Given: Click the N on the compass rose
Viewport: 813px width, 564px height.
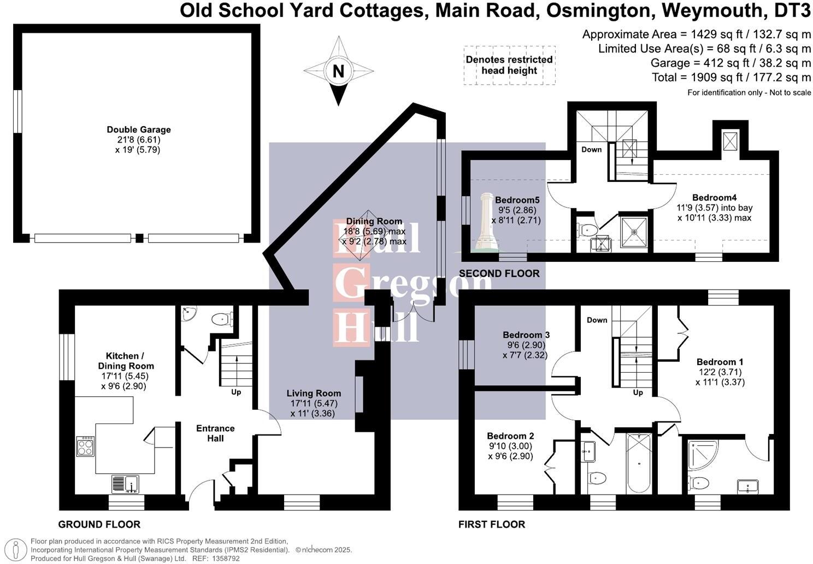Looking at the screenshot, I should (x=339, y=71).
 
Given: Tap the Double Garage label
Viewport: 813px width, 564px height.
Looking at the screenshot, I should (x=139, y=130).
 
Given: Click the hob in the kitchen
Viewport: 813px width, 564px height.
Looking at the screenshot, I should (x=85, y=446).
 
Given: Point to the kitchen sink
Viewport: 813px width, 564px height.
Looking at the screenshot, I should (x=125, y=484).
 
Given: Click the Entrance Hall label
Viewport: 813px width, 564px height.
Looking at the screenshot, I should (x=215, y=433).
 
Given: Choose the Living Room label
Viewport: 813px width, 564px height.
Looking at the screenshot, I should (x=314, y=393).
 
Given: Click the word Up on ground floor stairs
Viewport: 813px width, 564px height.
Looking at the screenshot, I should (x=236, y=392).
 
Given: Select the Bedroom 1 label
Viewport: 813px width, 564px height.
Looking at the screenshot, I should (x=720, y=362).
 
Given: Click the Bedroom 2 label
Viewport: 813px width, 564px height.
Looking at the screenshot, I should (x=510, y=436).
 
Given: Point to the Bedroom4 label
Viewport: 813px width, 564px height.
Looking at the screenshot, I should (x=715, y=197).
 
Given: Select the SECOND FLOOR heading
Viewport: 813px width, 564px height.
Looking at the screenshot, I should (x=499, y=273).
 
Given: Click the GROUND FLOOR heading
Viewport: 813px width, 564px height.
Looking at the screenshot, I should (x=99, y=525).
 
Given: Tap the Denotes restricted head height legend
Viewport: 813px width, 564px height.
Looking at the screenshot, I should (x=509, y=65).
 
